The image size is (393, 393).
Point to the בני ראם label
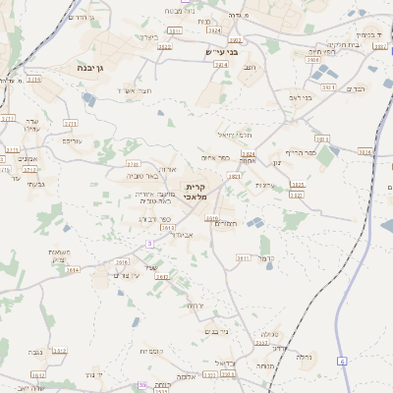point(300,97)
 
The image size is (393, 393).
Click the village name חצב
point(249,67)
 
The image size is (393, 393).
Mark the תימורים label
point(226,224)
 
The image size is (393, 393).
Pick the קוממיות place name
point(150,351)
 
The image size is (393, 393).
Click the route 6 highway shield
point(342,362)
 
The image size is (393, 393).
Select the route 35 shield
point(142,385)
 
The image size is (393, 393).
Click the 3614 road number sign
point(72,268)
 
